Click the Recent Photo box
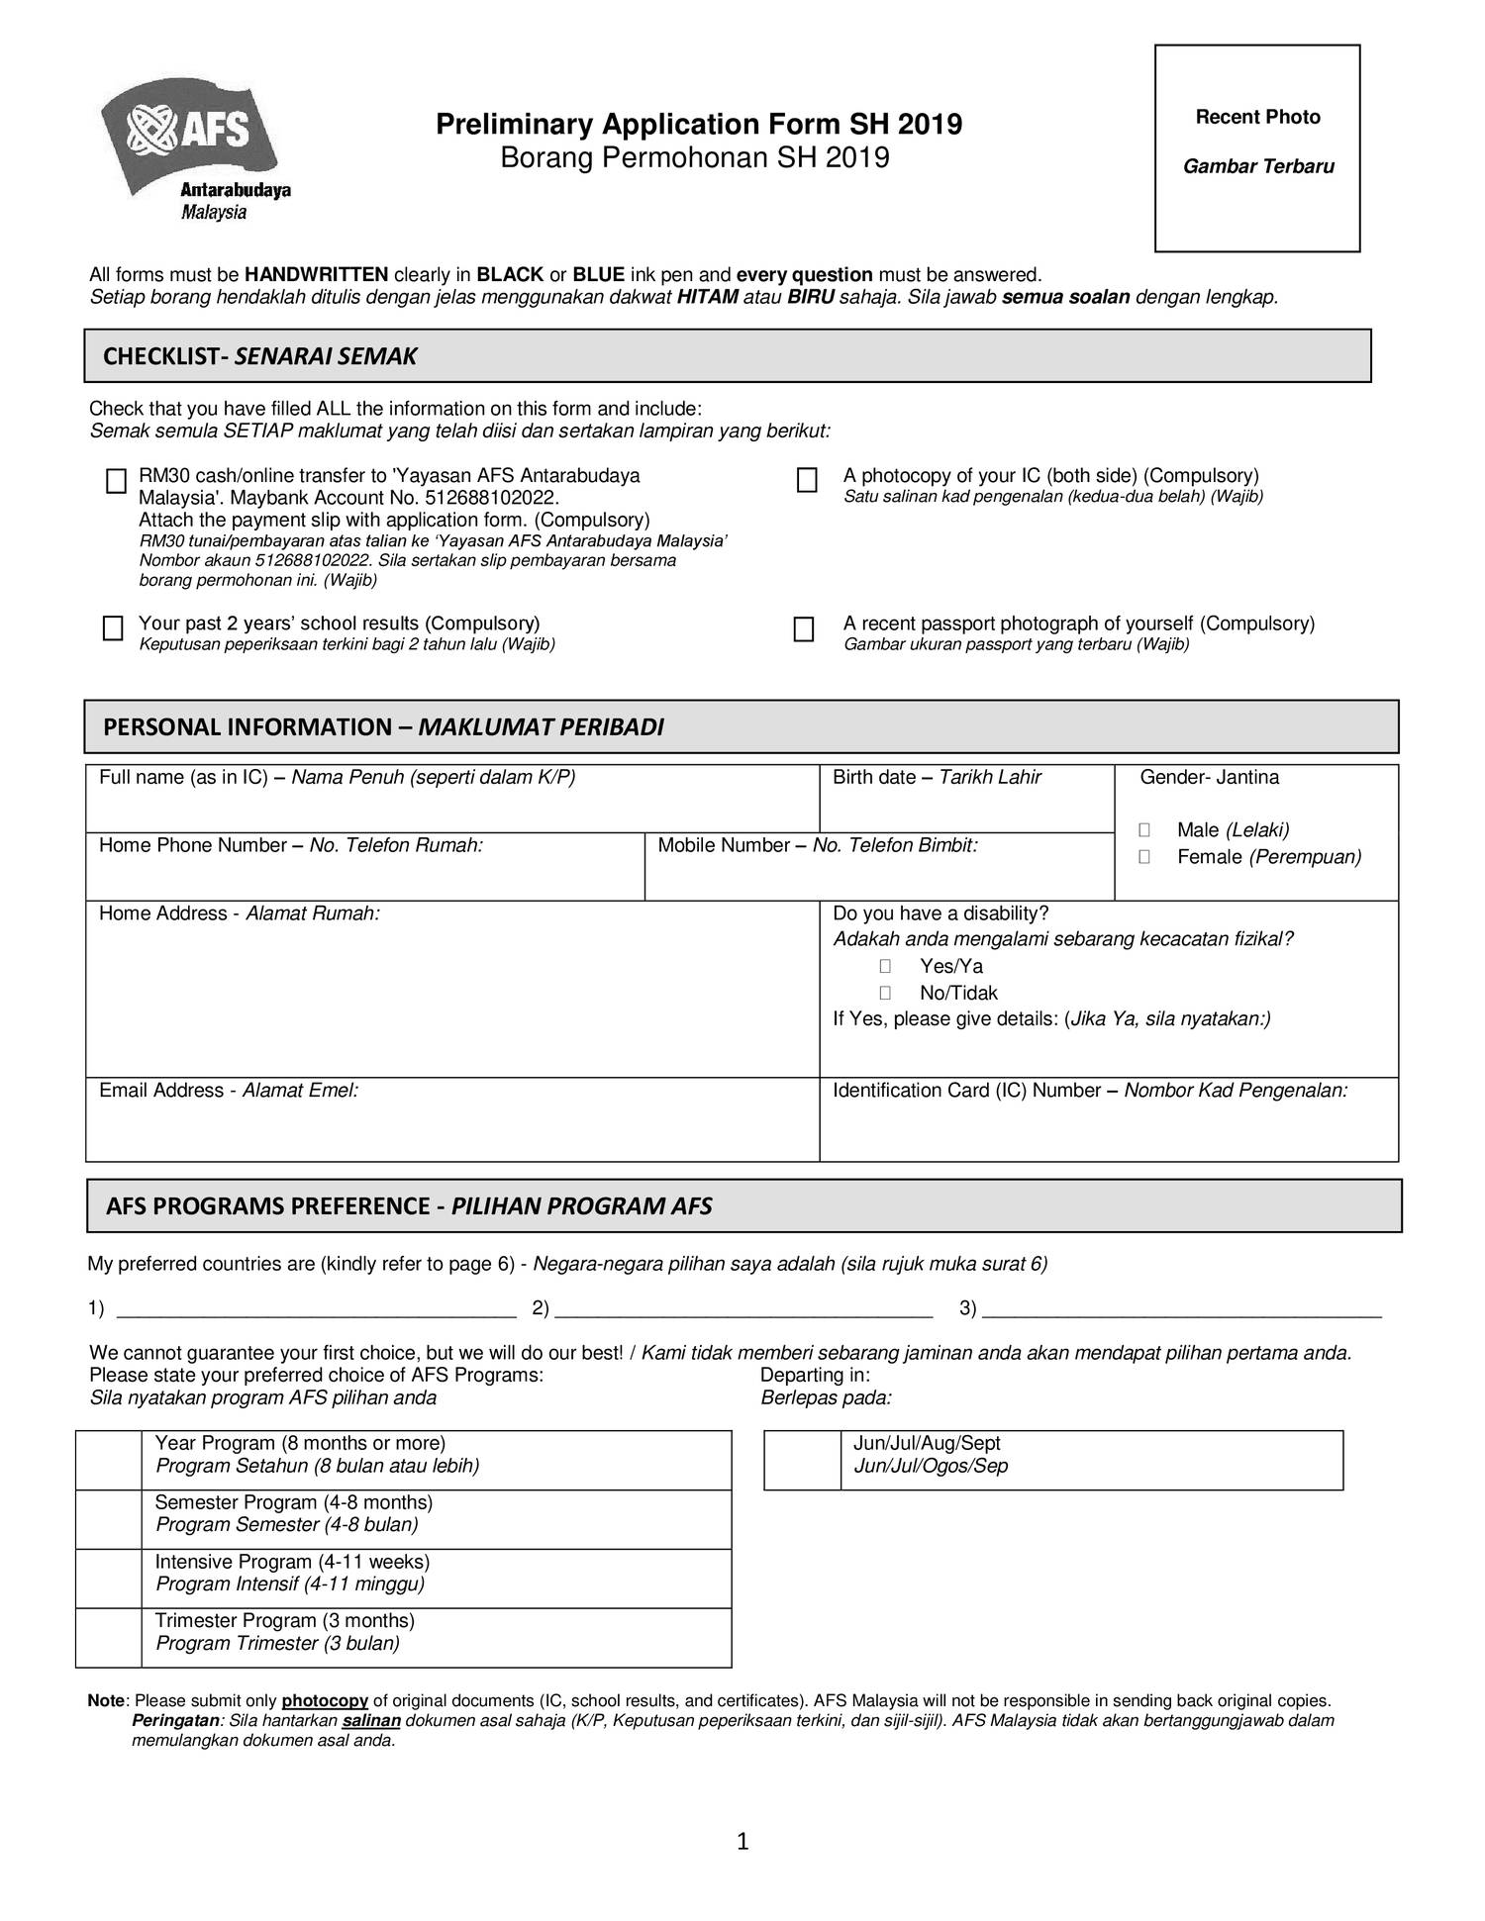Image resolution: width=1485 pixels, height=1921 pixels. point(1256,148)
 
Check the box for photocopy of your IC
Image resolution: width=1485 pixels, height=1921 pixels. point(807,481)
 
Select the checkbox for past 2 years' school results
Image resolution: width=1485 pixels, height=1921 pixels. point(114,628)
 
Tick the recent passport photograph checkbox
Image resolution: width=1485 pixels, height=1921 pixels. point(804,629)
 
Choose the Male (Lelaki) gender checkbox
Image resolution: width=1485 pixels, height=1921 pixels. point(1144,830)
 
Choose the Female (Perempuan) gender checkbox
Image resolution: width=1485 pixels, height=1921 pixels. point(1144,857)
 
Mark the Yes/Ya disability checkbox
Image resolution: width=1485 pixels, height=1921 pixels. point(885,966)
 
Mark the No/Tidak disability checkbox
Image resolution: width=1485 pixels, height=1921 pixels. point(885,993)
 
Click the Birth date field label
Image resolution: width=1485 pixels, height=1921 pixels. point(936,778)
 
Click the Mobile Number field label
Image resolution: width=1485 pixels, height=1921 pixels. point(817,845)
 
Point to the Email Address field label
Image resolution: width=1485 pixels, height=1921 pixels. point(228,1091)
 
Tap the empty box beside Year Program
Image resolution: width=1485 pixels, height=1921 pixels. point(109,1460)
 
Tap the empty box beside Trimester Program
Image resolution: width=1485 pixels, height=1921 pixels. point(109,1638)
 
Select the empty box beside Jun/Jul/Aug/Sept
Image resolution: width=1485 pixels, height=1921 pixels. point(801,1460)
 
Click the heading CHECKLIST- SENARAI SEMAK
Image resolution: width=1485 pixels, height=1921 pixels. point(259,356)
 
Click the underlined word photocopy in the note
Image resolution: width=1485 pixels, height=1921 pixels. point(325,1700)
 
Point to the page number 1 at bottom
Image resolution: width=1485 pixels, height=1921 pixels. point(743,1842)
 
